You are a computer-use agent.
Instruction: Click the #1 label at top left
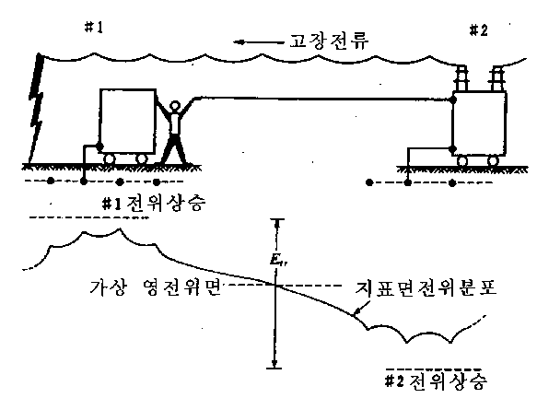tap(94, 28)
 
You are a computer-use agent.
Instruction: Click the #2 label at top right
tap(478, 30)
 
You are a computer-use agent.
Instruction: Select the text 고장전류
tap(330, 41)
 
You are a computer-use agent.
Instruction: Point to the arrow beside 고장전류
tap(259, 42)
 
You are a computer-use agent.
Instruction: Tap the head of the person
tap(175, 106)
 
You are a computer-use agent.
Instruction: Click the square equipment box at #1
tap(128, 121)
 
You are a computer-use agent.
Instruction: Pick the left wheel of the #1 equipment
tap(110, 158)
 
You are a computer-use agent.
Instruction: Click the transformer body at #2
tap(479, 123)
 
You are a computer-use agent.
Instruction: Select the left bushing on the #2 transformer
tap(462, 78)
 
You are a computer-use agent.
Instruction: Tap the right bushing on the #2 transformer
tap(496, 78)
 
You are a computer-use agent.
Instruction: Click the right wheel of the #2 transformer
tap(493, 160)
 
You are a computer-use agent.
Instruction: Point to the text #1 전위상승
tap(154, 204)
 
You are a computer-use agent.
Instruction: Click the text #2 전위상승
tap(436, 381)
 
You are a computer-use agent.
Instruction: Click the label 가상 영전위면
tap(155, 287)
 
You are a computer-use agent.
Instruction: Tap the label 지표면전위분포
tap(426, 288)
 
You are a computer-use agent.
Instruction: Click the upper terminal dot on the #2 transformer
tap(453, 99)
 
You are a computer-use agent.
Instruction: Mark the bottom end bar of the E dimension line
tap(274, 368)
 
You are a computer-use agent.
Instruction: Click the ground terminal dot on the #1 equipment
tap(99, 146)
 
